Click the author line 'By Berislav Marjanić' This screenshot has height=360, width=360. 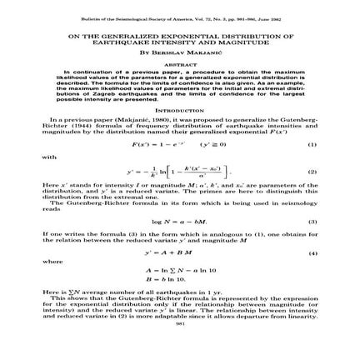pyautogui.click(x=179, y=49)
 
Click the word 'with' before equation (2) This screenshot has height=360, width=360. pyautogui.click(x=47, y=155)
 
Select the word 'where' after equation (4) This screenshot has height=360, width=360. pyautogui.click(x=51, y=260)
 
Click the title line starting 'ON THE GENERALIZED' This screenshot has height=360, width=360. pyautogui.click(x=179, y=37)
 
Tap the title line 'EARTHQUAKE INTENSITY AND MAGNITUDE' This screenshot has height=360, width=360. pyautogui.click(x=179, y=42)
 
